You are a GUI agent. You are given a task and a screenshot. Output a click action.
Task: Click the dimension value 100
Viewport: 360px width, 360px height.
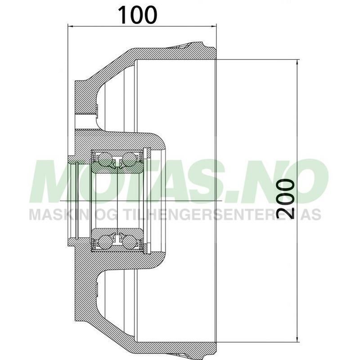[x=138, y=15]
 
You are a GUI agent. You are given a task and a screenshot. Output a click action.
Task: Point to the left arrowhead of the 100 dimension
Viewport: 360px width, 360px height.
[x=70, y=26]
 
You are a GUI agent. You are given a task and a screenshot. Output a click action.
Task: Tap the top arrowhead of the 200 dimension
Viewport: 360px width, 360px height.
[x=297, y=63]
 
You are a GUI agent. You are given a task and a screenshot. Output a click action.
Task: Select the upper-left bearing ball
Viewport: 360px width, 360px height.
[x=105, y=160]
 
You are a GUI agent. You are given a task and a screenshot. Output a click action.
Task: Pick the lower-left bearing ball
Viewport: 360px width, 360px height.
[x=105, y=241]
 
